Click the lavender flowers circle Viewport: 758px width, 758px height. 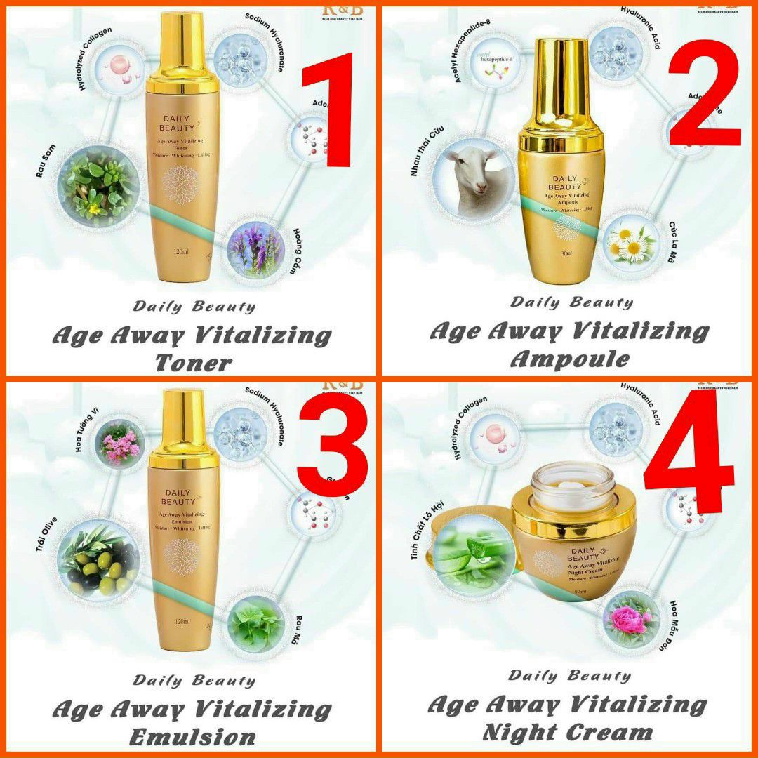(256, 246)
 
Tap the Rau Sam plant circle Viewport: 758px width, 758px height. (98, 185)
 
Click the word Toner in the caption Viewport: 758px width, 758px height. (193, 363)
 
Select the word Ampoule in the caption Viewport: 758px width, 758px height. (569, 359)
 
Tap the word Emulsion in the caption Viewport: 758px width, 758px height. (193, 737)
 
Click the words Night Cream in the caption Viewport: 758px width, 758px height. (568, 733)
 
